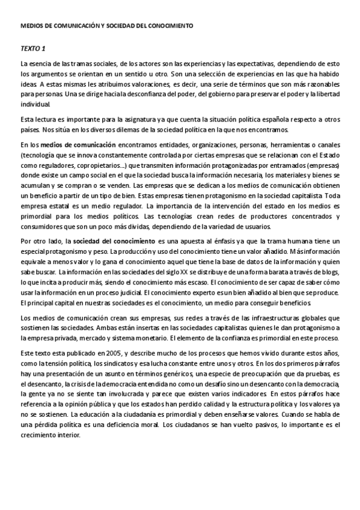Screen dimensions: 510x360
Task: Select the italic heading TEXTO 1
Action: pos(33,48)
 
